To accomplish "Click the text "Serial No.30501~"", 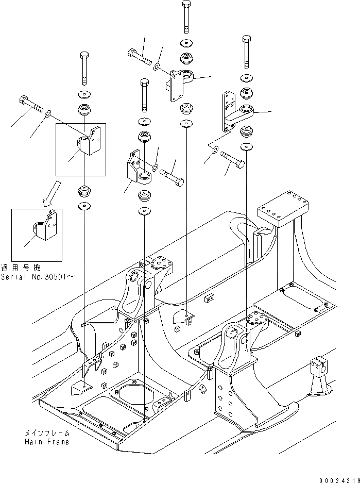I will (x=39, y=276).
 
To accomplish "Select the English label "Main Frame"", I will (x=46, y=442).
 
